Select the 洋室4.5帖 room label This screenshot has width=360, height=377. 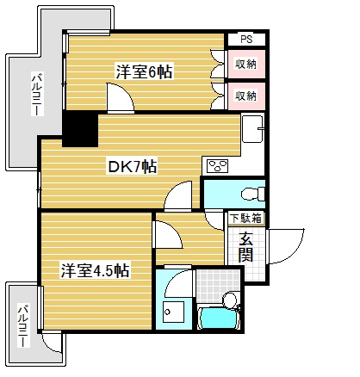tap(95, 270)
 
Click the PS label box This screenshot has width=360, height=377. tap(246, 39)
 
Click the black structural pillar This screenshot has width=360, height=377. tap(79, 130)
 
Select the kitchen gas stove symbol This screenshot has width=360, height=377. tap(216, 165)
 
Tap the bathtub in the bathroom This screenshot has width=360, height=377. tap(220, 318)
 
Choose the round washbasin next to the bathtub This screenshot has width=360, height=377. tap(230, 300)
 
